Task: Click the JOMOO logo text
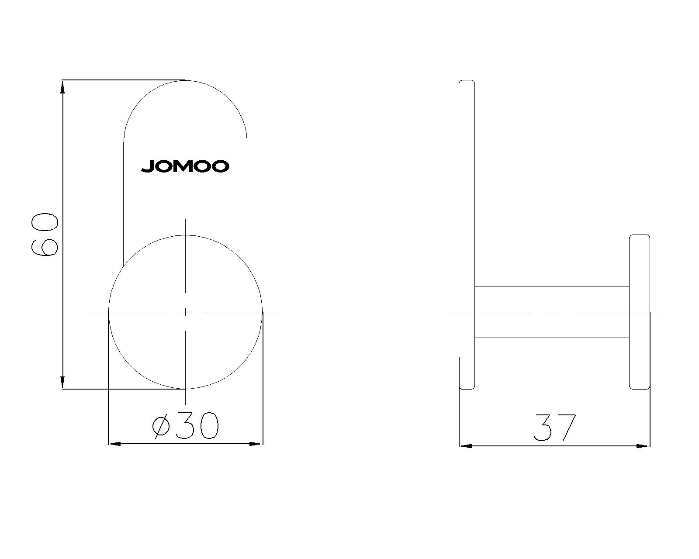(185, 166)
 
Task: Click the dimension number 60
(45, 235)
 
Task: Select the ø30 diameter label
(186, 426)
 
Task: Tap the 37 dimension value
(554, 428)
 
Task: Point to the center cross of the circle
(185, 312)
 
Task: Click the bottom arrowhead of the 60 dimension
(62, 382)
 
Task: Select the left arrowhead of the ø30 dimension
(114, 443)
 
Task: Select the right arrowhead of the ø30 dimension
(256, 443)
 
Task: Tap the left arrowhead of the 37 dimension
(465, 446)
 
